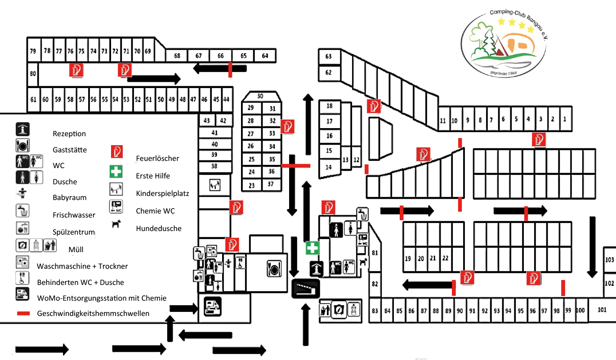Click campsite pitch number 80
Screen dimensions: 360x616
click(x=32, y=73)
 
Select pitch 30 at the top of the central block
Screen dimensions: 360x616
click(x=260, y=96)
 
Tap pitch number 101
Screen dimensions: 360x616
click(x=602, y=310)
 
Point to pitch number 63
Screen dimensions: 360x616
click(x=329, y=57)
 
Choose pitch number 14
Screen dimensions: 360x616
click(x=329, y=167)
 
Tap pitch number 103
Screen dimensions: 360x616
click(x=610, y=260)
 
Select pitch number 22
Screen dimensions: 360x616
click(x=445, y=258)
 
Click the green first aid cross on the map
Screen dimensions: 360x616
click(x=312, y=248)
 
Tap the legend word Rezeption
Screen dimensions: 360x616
click(x=69, y=134)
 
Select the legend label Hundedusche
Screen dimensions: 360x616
click(x=159, y=229)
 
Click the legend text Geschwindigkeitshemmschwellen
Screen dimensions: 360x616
click(x=93, y=314)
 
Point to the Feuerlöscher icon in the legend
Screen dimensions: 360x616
click(x=117, y=152)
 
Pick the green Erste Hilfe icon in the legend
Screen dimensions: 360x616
click(x=117, y=172)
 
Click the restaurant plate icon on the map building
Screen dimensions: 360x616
click(x=274, y=268)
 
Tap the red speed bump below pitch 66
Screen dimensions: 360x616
click(x=230, y=70)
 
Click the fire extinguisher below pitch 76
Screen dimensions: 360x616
click(x=76, y=70)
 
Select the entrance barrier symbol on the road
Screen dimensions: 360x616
click(x=306, y=288)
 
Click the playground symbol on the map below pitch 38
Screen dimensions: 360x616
click(x=214, y=184)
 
